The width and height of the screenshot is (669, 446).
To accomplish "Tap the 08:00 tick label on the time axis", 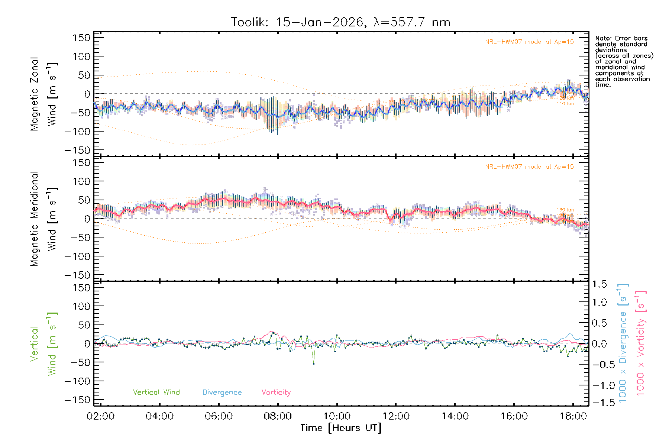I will click(x=278, y=416).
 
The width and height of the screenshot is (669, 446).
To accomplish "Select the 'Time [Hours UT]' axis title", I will click(x=341, y=428).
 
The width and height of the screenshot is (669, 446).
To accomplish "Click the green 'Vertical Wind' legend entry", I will click(x=156, y=392).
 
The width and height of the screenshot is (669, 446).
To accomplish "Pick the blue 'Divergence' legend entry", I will click(x=222, y=392).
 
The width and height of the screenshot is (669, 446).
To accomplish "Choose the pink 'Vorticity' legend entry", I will click(x=276, y=392).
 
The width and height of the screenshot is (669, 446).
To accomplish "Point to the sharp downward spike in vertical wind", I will click(x=314, y=363).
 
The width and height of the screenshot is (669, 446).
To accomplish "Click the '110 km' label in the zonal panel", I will click(x=565, y=104).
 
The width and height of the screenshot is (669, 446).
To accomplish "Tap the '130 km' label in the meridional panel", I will click(x=565, y=210).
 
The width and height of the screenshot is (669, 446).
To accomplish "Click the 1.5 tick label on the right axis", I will click(x=599, y=284).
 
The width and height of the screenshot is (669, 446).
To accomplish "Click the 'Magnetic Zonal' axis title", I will click(x=34, y=94).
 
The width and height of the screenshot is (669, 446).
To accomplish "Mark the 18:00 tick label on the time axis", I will click(x=573, y=416).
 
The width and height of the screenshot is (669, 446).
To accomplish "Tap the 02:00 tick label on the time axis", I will click(x=101, y=416).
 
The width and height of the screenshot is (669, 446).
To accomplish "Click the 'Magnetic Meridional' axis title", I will click(x=34, y=219).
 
